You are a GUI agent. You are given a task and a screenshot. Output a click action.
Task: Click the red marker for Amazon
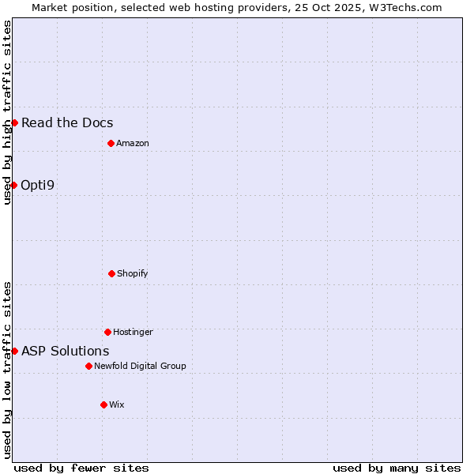pyautogui.click(x=111, y=143)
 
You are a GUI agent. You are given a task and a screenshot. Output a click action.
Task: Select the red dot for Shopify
pyautogui.click(x=111, y=273)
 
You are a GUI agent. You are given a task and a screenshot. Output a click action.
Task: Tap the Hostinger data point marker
pyautogui.click(x=107, y=332)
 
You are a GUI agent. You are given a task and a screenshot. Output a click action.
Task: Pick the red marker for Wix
pyautogui.click(x=103, y=404)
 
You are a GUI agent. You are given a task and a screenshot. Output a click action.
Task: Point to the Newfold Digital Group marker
pyautogui.click(x=88, y=366)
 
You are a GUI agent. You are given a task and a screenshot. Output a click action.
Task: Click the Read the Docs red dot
pyautogui.click(x=14, y=122)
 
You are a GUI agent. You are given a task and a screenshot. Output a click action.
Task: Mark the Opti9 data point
pyautogui.click(x=13, y=185)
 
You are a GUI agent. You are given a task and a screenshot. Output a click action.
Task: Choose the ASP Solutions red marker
pyautogui.click(x=14, y=351)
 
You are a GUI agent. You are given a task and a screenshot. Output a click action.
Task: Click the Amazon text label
pyautogui.click(x=133, y=143)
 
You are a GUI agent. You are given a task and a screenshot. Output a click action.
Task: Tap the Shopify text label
pyautogui.click(x=133, y=273)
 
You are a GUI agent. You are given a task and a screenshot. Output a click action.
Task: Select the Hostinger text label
pyautogui.click(x=133, y=332)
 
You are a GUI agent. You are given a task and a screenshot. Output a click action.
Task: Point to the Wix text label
pyautogui.click(x=117, y=404)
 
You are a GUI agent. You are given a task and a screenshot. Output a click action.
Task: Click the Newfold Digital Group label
pyautogui.click(x=140, y=366)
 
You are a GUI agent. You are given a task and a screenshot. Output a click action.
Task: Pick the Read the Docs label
pyautogui.click(x=67, y=122)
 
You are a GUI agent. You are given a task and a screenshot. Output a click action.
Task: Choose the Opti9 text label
pyautogui.click(x=38, y=185)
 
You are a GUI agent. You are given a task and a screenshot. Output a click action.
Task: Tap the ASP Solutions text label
pyautogui.click(x=66, y=351)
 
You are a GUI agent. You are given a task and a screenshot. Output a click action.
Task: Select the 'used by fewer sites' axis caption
pyautogui.click(x=81, y=468)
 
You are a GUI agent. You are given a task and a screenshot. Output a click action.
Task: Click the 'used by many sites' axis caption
pyautogui.click(x=397, y=468)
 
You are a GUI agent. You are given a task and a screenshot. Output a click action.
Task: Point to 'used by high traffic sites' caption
pyautogui.click(x=8, y=112)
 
